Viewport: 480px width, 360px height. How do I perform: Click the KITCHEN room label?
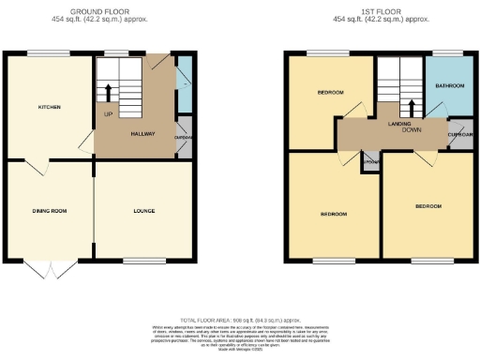[49, 108]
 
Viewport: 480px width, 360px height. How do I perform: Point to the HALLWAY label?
[142, 136]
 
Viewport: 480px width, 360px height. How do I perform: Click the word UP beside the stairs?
[108, 115]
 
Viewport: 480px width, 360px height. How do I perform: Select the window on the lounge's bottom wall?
[142, 260]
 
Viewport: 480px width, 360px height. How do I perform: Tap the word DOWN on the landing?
[411, 130]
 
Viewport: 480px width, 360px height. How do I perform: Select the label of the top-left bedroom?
[329, 93]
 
